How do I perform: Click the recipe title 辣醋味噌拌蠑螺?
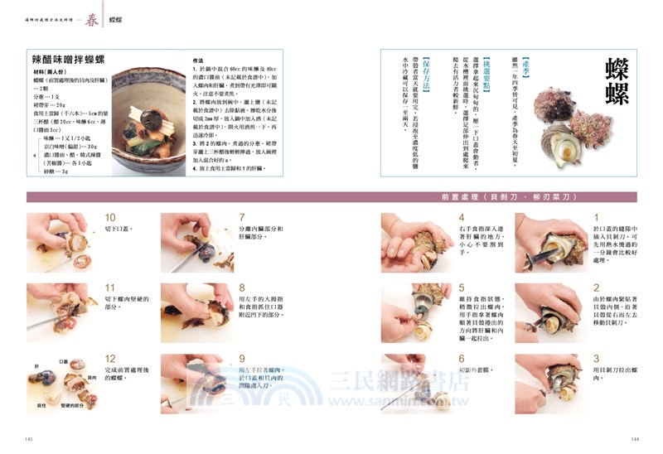point(68,60)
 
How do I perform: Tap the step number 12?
point(110,358)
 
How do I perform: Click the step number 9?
point(243,358)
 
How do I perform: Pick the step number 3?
point(596,358)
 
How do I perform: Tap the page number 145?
point(28,438)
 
